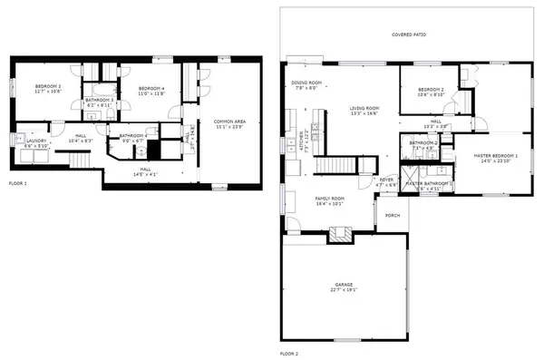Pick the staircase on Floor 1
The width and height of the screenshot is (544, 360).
[x=83, y=161]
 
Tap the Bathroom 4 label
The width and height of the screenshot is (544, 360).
[x=126, y=135]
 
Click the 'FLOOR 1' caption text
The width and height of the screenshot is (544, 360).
[x=18, y=183]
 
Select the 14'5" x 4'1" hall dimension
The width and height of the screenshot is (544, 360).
[x=146, y=172]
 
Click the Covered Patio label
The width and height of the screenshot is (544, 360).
[x=409, y=34]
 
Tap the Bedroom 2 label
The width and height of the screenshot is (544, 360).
[x=431, y=89]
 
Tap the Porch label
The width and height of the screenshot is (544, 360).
[x=393, y=215]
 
